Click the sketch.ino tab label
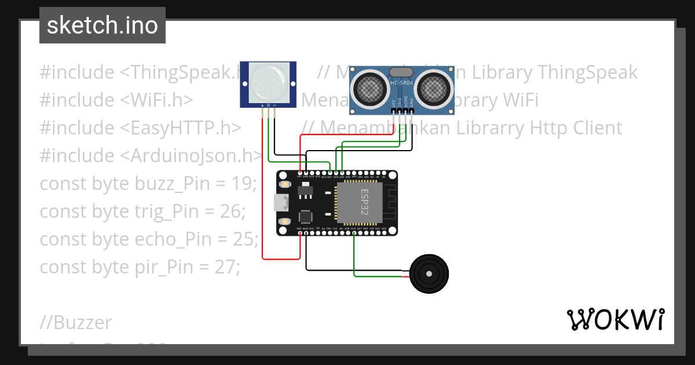(x=102, y=25)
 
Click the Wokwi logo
(x=615, y=320)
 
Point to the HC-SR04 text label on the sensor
(x=401, y=83)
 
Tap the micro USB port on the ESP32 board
(x=281, y=203)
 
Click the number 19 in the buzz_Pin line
(x=244, y=184)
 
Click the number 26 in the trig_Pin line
(x=233, y=211)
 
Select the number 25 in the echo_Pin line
(x=246, y=239)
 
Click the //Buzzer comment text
(x=76, y=322)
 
